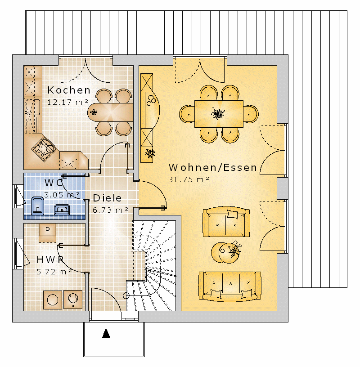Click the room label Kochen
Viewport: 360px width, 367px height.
69,90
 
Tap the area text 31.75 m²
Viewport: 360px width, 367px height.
189,179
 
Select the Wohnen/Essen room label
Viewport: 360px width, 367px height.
213,168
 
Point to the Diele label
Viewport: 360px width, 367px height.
107,198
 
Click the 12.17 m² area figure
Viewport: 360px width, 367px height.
67,102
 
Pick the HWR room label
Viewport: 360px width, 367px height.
50,260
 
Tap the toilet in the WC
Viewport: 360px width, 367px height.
37,206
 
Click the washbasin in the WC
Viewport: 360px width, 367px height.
62,210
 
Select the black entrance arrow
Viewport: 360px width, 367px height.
106,333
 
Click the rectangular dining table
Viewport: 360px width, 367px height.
219,114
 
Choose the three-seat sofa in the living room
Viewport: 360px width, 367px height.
229,286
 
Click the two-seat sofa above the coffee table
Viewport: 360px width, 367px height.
226,222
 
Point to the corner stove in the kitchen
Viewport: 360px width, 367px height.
44,149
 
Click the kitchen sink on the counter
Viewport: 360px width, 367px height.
32,107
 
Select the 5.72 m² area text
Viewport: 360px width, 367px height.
54,272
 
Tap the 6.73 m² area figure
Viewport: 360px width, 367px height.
110,210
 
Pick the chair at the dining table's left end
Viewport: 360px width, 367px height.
187,114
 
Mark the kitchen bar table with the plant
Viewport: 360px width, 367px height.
110,112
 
